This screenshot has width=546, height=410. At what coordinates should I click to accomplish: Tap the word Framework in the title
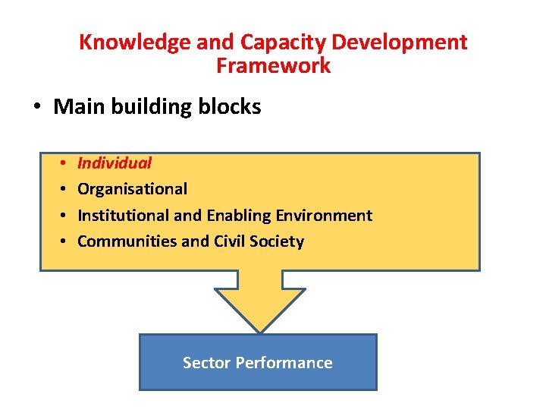tap(273, 66)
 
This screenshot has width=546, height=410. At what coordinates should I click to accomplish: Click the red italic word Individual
tap(115, 162)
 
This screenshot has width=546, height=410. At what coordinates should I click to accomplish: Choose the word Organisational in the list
tap(132, 189)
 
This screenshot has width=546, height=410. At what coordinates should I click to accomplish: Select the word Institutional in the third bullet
tap(123, 216)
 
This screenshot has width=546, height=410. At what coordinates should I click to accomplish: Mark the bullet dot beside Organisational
tap(60, 189)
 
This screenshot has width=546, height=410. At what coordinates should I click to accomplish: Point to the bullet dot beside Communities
tap(60, 241)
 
